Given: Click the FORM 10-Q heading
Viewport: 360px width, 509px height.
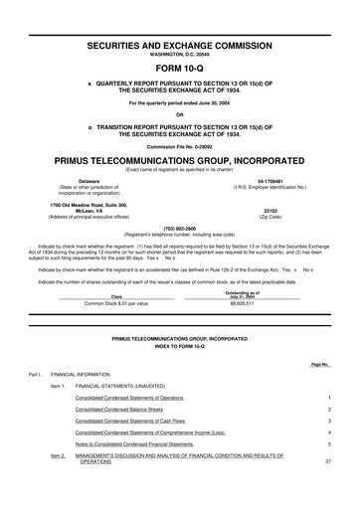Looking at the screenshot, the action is pyautogui.click(x=180, y=41).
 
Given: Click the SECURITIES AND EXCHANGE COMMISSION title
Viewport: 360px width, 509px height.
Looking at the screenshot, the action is pyautogui.click(x=180, y=17).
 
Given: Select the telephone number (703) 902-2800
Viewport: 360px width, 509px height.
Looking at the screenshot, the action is pyautogui.click(x=180, y=226).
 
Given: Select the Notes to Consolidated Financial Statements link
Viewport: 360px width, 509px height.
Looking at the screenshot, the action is pyautogui.click(x=136, y=443).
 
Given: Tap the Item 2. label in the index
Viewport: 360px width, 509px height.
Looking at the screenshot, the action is pyautogui.click(x=57, y=455).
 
